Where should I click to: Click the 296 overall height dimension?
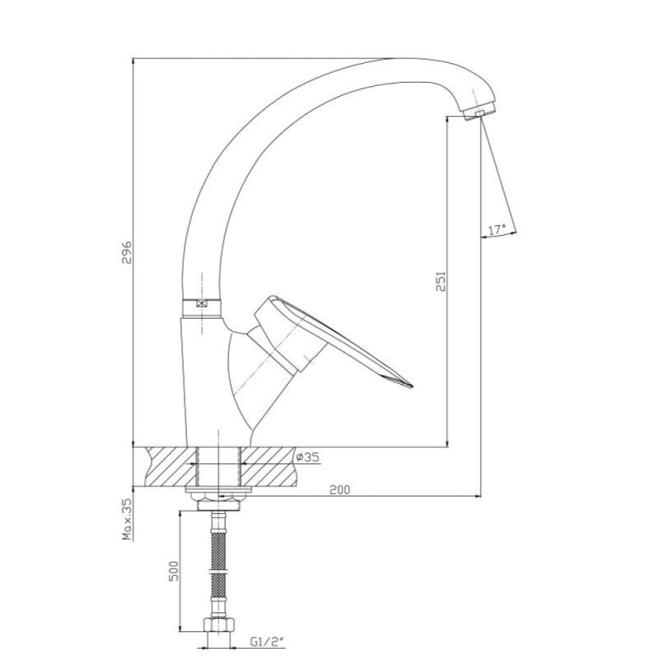pos(127,252)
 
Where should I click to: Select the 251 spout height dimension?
pos(441,281)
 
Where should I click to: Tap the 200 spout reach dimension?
pos(340,490)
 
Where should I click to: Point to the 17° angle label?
pos(497,231)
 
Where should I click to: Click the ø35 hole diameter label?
pos(307,457)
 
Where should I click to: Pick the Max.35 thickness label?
pos(127,520)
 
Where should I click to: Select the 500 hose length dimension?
pos(174,571)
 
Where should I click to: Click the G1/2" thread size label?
pos(266,642)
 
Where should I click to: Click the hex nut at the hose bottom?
pos(218,625)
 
